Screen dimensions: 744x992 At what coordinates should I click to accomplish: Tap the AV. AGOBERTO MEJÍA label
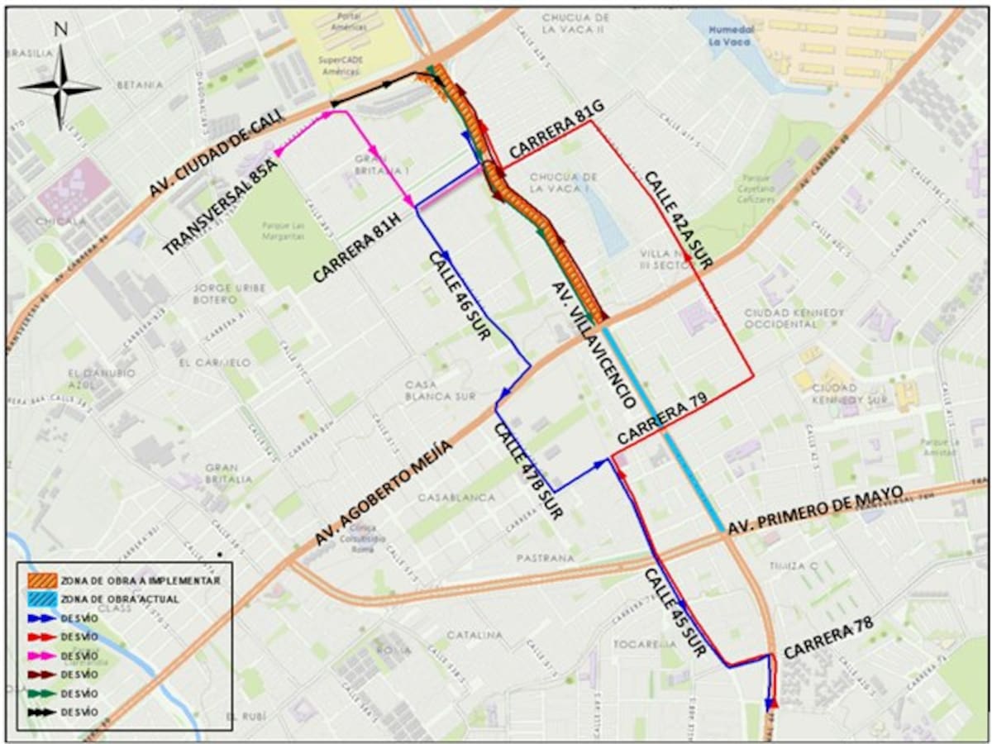384,493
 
